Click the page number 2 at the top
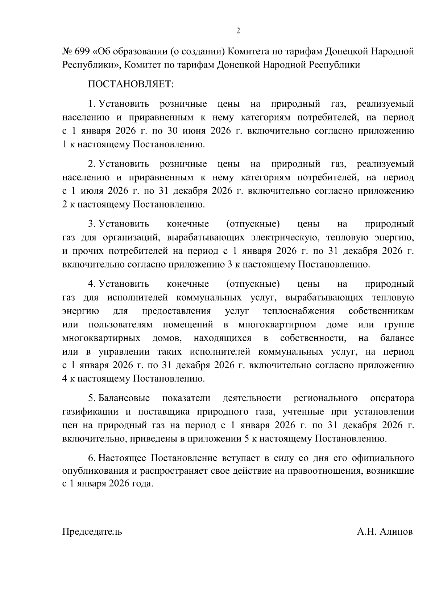[x=238, y=31]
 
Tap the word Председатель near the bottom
[x=92, y=532]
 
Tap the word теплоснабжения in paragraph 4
[x=299, y=311]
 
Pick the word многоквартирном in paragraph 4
[x=277, y=325]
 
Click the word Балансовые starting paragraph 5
[x=124, y=398]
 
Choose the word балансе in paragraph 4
[x=397, y=338]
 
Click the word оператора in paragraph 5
[x=392, y=398]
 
